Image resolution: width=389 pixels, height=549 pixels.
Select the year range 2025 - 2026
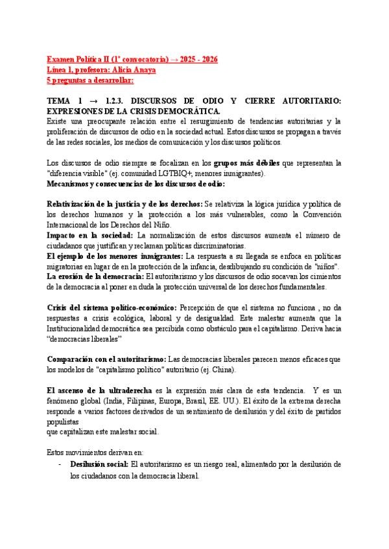[x=198, y=59]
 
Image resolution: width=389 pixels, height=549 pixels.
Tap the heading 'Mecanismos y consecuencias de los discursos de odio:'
[x=143, y=184]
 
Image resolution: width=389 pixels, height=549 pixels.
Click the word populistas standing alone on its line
[x=67, y=421]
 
